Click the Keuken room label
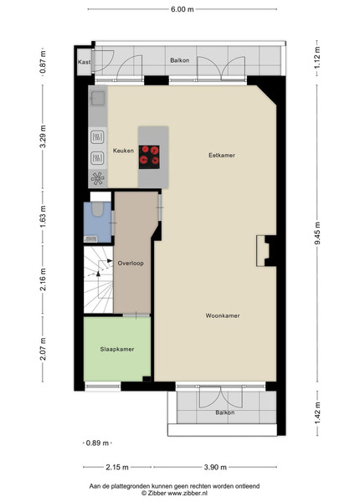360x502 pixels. [x=123, y=151]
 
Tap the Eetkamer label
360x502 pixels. [x=222, y=156]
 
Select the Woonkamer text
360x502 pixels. [x=223, y=315]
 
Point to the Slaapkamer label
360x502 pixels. [x=117, y=349]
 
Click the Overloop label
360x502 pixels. [x=131, y=264]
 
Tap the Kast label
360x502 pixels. [x=85, y=62]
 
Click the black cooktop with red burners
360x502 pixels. [x=149, y=157]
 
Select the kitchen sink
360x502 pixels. [x=98, y=98]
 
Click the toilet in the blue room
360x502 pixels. [x=97, y=209]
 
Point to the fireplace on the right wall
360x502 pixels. [x=263, y=251]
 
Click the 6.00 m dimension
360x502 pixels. [x=183, y=9]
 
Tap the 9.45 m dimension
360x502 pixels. [x=316, y=233]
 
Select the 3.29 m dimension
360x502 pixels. [x=43, y=136]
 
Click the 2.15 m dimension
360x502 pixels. [x=117, y=467]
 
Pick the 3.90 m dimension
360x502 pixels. [x=215, y=467]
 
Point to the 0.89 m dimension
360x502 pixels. [x=97, y=443]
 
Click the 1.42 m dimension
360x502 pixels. [x=316, y=413]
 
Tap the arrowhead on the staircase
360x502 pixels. [x=98, y=274]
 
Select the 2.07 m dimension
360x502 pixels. [x=43, y=349]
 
